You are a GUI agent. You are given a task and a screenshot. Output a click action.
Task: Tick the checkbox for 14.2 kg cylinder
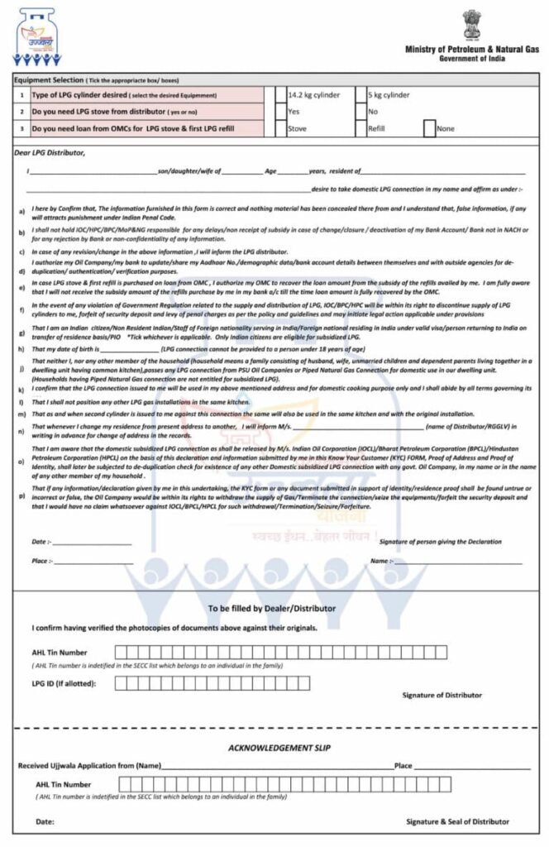(280, 95)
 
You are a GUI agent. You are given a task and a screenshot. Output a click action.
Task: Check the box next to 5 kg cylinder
(361, 95)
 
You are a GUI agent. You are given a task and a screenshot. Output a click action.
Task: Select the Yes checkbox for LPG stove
(280, 112)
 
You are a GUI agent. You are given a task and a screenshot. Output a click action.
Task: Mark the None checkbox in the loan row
(429, 128)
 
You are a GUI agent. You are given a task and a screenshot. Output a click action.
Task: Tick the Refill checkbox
(361, 128)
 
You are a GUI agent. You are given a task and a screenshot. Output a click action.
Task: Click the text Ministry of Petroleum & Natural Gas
(471, 50)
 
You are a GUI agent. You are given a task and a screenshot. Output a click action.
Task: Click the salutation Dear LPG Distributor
(50, 153)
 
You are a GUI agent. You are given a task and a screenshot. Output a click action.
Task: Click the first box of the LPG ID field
(120, 683)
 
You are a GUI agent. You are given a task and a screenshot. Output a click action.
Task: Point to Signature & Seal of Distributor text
(457, 821)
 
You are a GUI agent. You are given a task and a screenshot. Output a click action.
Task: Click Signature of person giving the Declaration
(440, 542)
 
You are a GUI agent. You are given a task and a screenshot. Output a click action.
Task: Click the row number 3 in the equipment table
(21, 129)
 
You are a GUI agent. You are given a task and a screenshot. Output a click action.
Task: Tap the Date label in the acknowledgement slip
(45, 821)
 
